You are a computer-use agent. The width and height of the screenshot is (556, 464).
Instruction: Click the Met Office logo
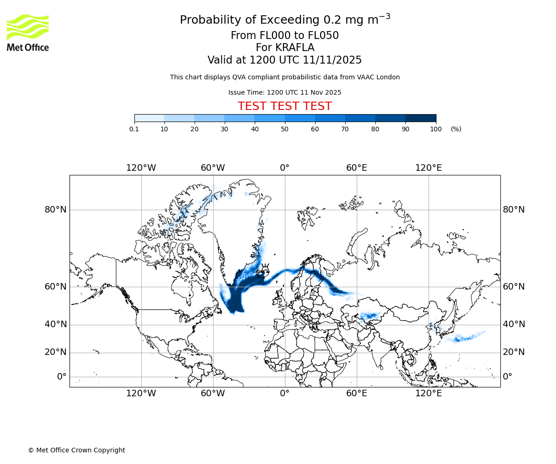(x=28, y=32)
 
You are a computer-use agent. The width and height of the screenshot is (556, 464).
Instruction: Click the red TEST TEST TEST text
(x=284, y=106)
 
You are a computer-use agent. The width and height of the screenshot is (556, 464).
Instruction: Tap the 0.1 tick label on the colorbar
(x=134, y=129)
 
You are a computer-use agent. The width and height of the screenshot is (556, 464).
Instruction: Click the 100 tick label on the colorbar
(x=436, y=129)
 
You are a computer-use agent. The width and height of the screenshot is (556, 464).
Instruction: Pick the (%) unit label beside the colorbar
(x=456, y=129)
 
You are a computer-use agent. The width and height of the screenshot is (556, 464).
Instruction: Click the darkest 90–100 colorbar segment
(x=421, y=118)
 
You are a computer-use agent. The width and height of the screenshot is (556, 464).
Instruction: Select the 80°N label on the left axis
(x=56, y=210)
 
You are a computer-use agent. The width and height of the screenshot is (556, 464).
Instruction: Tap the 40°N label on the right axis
(x=514, y=324)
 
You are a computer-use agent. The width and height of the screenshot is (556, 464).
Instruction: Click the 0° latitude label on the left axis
(x=62, y=377)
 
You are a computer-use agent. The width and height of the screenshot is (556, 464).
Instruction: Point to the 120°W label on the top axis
(x=141, y=168)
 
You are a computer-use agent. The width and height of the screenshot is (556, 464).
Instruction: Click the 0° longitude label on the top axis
(x=284, y=168)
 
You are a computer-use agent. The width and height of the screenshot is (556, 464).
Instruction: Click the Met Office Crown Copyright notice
(x=76, y=450)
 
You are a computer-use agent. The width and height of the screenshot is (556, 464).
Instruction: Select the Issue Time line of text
(x=284, y=92)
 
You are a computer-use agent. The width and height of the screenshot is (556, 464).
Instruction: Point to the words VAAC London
(x=378, y=77)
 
